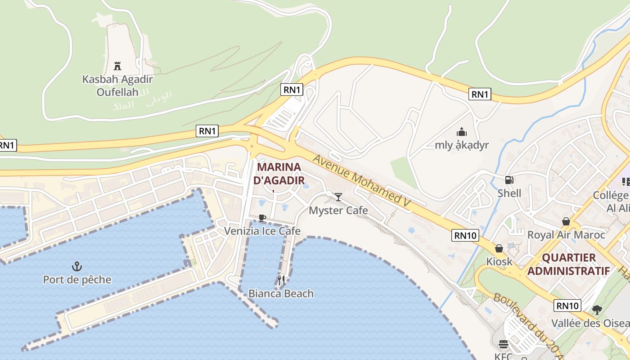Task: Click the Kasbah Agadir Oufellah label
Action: coord(117,85)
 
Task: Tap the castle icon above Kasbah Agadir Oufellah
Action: coord(117,66)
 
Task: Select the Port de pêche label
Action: coord(77,279)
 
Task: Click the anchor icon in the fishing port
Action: coord(77,266)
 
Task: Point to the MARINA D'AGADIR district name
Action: coord(279,174)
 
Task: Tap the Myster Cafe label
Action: coord(338,210)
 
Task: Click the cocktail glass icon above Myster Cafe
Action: coord(338,197)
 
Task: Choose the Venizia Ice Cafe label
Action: coord(262,231)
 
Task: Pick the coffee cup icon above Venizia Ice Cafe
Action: coord(262,218)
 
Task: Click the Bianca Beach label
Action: coord(281,293)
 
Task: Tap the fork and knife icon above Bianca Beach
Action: coord(281,280)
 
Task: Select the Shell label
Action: coord(509,193)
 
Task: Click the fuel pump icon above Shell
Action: coord(509,180)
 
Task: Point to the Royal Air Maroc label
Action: coord(566,234)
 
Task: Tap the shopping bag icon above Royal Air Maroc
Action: coord(566,221)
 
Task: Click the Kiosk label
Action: coord(499,261)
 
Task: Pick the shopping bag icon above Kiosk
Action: coord(499,248)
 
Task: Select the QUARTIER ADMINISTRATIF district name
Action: coord(569,264)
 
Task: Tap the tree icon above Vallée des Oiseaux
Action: coord(597,310)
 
